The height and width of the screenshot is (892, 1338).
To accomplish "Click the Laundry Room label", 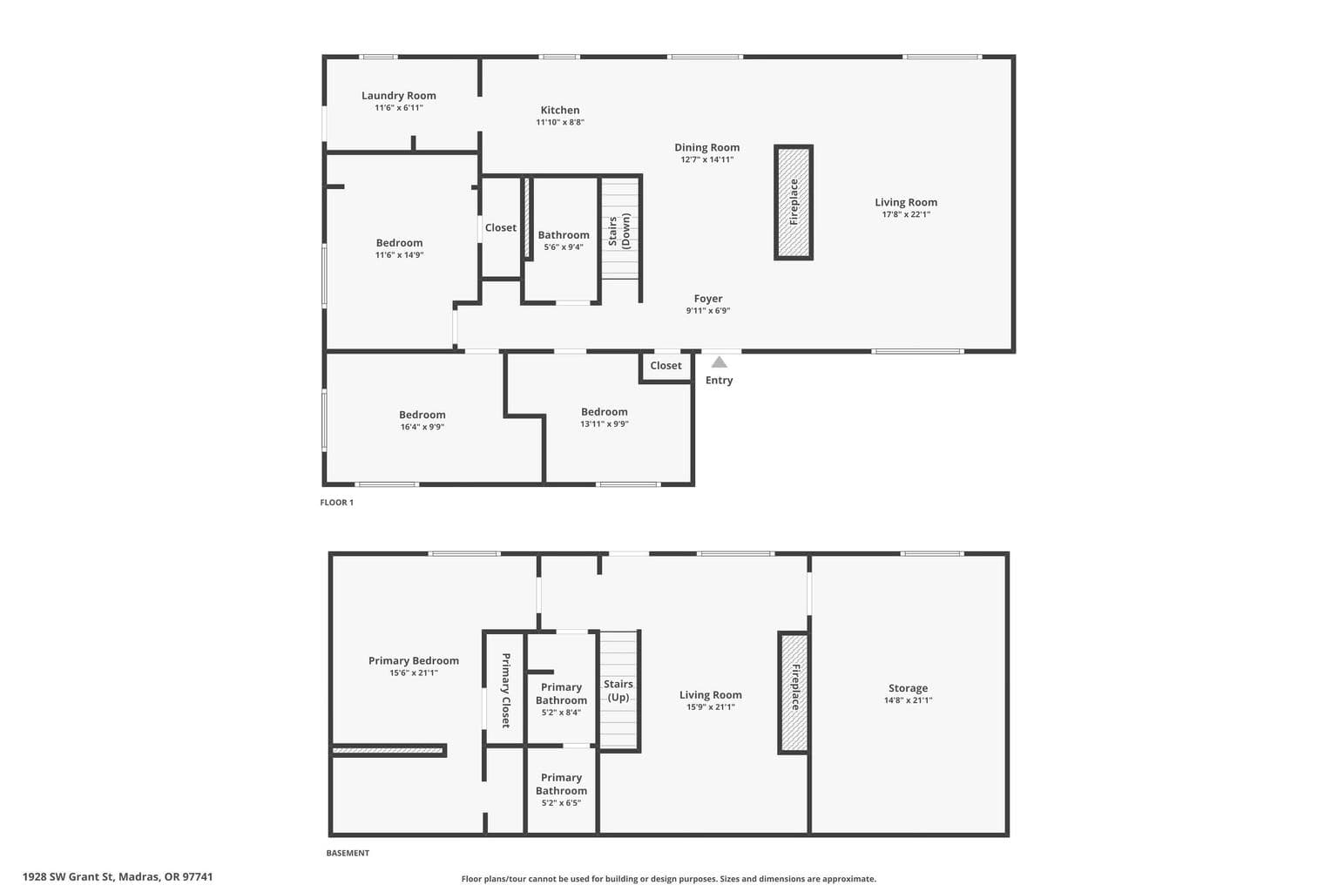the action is (398, 96).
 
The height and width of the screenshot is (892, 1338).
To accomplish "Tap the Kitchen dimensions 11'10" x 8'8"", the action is (560, 123).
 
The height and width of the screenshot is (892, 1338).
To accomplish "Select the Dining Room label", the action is (706, 147).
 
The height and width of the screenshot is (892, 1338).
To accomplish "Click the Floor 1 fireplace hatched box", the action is (794, 202).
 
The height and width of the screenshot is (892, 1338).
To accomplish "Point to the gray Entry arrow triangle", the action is (720, 362).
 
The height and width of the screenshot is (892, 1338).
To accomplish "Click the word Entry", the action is (719, 381).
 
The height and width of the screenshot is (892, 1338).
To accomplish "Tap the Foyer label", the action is (708, 299).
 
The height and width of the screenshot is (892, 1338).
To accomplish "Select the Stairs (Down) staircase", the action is (620, 229).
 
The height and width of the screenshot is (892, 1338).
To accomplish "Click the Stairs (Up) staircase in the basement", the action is (618, 689).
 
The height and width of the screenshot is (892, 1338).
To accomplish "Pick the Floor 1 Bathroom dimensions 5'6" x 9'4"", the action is (564, 247).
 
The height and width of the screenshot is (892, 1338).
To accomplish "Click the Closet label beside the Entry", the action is (666, 366).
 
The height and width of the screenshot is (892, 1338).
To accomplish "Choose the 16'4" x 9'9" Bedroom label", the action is (422, 415).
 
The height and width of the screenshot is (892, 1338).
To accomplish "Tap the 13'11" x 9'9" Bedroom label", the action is (604, 412).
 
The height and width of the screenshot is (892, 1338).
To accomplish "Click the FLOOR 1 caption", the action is (336, 503).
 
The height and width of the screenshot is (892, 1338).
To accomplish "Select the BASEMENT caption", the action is (348, 853).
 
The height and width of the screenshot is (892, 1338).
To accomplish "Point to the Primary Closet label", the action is (505, 690).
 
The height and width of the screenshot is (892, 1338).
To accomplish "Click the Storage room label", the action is (908, 688).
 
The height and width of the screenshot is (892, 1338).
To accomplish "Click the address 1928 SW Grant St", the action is (68, 877).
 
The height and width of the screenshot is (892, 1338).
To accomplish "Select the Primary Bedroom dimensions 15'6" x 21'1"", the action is (414, 673).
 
